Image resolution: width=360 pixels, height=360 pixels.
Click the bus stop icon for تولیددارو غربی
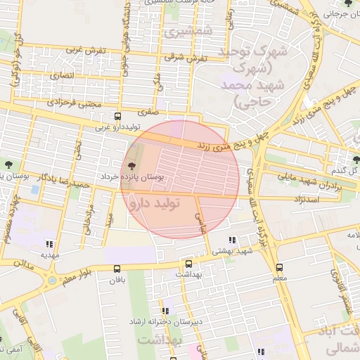click(x=117, y=117)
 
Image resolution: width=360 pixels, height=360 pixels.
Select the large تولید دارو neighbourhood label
click(x=155, y=202)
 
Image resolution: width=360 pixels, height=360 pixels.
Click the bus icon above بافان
click(x=117, y=268)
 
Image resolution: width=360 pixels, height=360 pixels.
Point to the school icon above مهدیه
click(x=48, y=243)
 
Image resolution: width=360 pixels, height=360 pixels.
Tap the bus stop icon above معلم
click(x=279, y=267)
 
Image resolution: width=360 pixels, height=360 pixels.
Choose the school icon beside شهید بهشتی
click(x=233, y=241)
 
